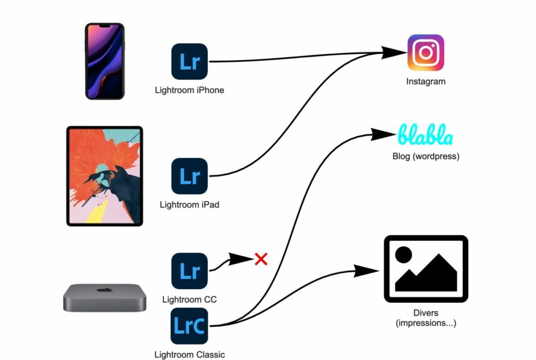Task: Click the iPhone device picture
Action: (105, 61)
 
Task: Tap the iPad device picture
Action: (105, 176)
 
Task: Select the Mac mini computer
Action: (105, 298)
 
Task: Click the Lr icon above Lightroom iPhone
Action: (189, 61)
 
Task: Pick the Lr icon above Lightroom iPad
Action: (189, 176)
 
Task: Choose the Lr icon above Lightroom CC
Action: (189, 271)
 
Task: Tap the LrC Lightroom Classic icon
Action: (189, 326)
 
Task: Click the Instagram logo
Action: (426, 52)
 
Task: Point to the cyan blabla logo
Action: (426, 135)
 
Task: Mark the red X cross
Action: (261, 259)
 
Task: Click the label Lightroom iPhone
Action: (189, 90)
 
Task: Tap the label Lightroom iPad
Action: (189, 204)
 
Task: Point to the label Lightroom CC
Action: (189, 299)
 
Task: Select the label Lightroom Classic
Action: (189, 355)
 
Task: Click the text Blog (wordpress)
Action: (426, 156)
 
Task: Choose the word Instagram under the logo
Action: (426, 82)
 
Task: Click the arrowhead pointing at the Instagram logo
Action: (393, 52)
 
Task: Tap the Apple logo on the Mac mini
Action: (105, 290)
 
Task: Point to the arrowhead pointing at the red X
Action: (241, 259)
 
